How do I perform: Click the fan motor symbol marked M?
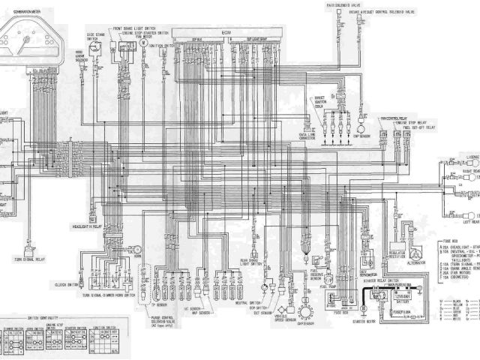click(x=142, y=44)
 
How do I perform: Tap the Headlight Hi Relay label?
click(x=85, y=224)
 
